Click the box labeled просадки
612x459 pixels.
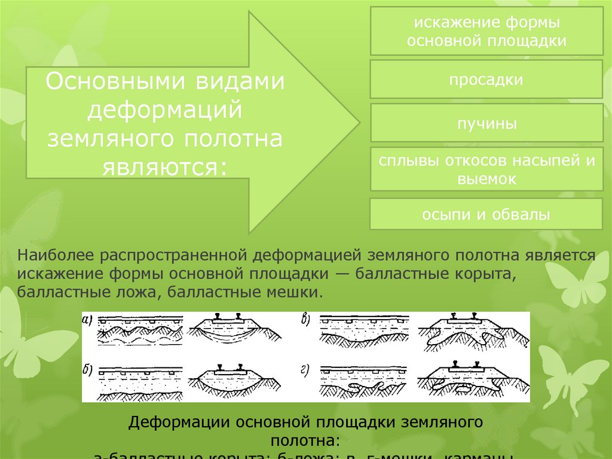pos(486,80)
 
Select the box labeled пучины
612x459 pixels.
pos(486,124)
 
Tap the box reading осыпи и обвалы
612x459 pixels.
pos(486,214)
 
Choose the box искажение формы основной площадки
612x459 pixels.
pos(486,32)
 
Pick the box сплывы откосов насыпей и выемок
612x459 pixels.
pos(486,169)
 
